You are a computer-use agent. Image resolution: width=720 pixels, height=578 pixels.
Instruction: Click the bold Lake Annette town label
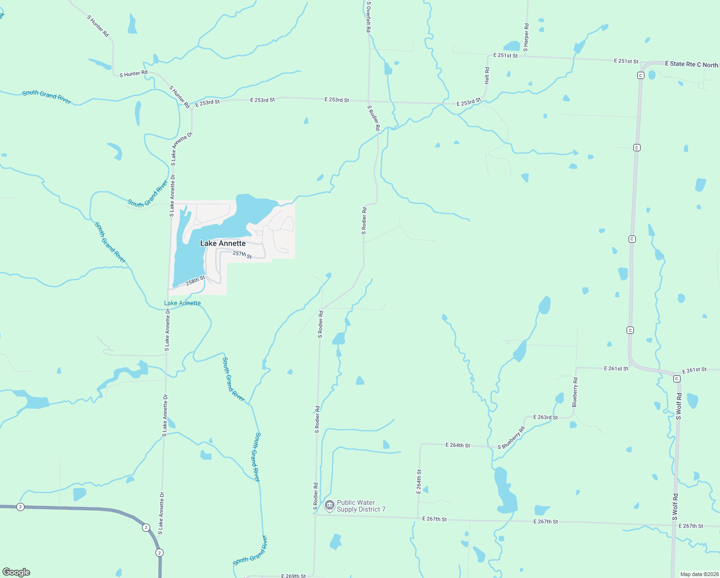[223, 243]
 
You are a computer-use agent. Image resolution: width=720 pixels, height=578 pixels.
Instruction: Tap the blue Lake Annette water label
[182, 303]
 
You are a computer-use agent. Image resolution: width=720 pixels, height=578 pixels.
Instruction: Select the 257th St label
[242, 254]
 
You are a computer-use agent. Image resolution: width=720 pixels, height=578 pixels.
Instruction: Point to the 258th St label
[195, 281]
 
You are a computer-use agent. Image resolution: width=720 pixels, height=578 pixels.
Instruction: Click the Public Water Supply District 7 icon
[330, 505]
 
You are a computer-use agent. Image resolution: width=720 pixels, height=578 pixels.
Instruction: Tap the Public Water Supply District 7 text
[361, 506]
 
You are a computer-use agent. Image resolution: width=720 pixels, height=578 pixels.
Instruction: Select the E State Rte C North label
[691, 64]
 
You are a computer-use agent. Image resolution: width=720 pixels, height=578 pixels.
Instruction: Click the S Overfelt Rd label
[369, 17]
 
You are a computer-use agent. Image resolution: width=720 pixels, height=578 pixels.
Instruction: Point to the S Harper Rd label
[526, 38]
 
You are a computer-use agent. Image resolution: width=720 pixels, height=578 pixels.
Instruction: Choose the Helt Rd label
[487, 76]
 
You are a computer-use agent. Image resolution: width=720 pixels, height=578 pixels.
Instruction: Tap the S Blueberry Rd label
[511, 438]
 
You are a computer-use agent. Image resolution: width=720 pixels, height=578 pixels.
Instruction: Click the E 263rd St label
[545, 417]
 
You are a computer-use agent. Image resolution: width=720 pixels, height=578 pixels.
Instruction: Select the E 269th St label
[294, 576]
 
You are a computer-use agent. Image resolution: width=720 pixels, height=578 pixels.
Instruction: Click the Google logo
[16, 572]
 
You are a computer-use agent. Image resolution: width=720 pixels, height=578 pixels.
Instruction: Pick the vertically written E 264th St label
[419, 482]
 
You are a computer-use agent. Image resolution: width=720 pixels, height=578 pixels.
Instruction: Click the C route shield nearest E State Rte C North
[641, 75]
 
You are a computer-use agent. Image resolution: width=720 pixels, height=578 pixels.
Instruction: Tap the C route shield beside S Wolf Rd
[677, 379]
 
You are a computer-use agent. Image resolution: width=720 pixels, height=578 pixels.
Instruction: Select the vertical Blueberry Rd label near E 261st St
[575, 393]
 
